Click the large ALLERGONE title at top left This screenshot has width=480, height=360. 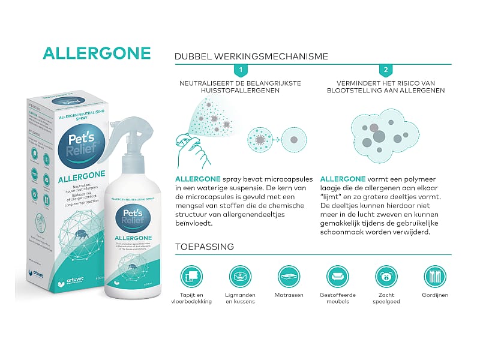coord(97,53)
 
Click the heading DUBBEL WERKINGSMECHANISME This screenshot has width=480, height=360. coord(251,56)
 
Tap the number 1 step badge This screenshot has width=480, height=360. coord(240,70)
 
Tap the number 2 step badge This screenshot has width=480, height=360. coord(386,70)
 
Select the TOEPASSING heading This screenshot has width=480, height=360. coord(204,247)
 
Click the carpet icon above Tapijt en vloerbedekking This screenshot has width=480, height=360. coord(191,277)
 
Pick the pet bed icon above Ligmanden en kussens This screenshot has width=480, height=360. coord(240,277)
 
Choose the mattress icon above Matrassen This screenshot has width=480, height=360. coord(289,277)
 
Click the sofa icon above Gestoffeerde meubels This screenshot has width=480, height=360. coord(337,277)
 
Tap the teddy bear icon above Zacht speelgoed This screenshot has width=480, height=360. coord(386,277)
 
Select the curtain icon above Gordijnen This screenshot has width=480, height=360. coord(434,277)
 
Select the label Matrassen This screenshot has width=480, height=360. coord(289,295)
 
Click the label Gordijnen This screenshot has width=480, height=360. coord(434,295)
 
